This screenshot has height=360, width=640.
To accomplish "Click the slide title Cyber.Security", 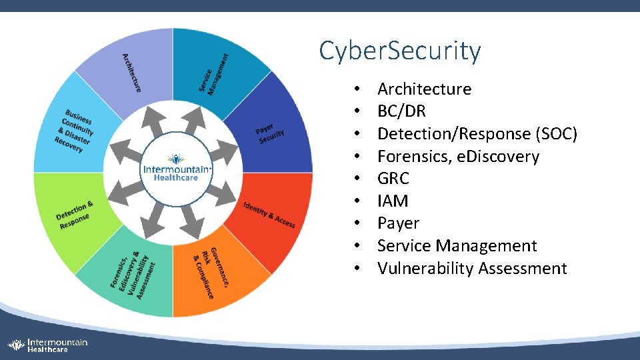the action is pos(399,51).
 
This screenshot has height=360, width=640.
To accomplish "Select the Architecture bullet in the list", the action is pos(424,89).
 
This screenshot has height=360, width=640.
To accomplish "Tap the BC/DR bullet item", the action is pos(401,111).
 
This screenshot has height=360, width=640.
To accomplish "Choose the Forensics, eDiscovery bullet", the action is pos(458,157).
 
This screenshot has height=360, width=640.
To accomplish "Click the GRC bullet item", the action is pos(393,179).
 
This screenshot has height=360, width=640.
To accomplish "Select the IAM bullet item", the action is pos(393,201).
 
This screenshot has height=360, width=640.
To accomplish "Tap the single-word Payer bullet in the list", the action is pos(398,223).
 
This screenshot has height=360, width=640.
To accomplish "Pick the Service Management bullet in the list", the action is pos(457,246).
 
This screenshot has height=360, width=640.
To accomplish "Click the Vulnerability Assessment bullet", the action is pos(472,269).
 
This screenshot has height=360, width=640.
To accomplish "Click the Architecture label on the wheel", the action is pos(131,72).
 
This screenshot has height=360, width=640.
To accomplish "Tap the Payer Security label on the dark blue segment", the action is pos(269,132).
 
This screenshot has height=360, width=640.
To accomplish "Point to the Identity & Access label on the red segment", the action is pos(269,214).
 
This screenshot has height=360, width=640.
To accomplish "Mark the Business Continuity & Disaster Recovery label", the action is pos(76,130).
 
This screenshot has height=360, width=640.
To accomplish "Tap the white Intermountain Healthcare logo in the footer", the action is pos(47,345).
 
